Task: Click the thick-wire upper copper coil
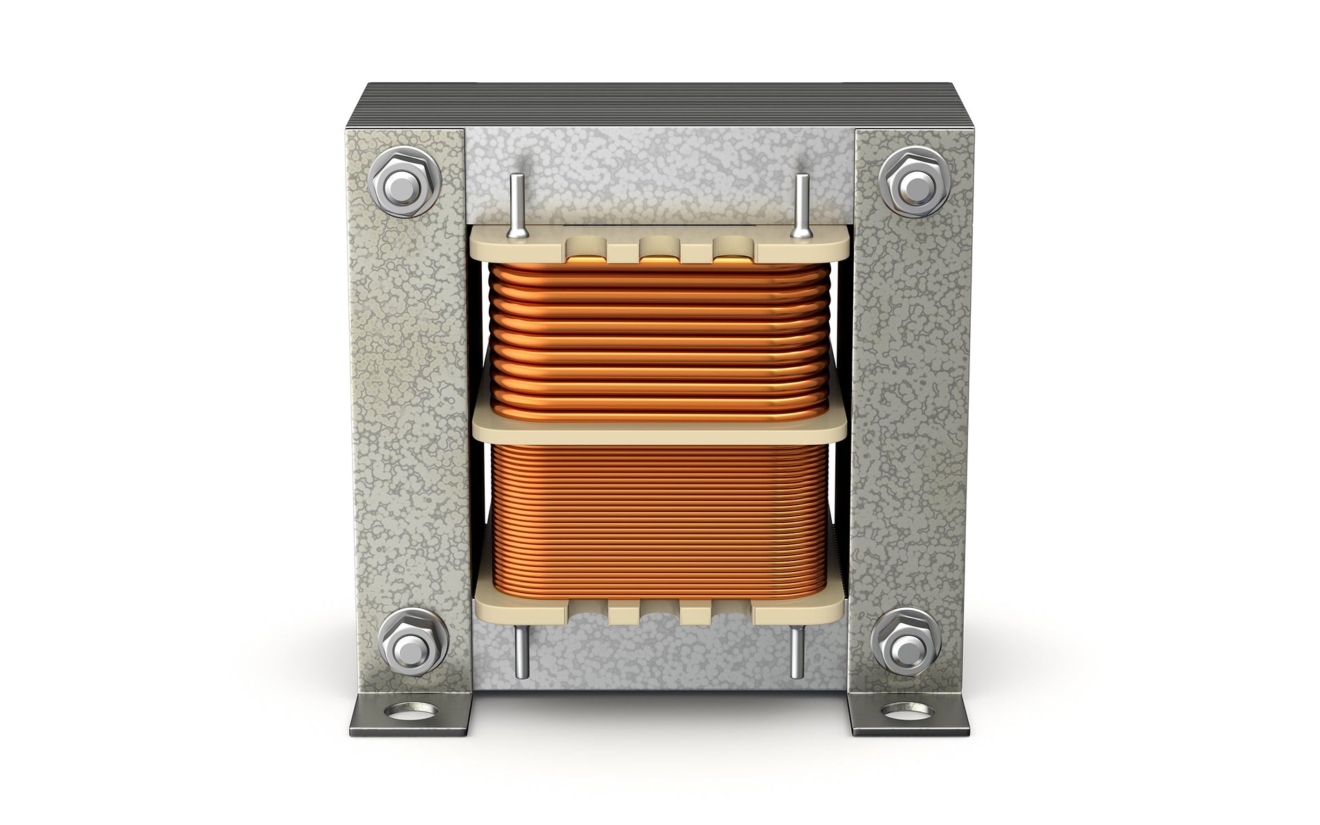(659, 337)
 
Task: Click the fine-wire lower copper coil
(659, 522)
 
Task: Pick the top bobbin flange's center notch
(659, 247)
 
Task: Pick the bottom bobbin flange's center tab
(659, 612)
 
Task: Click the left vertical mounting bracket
(409, 412)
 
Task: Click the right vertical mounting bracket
(907, 412)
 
